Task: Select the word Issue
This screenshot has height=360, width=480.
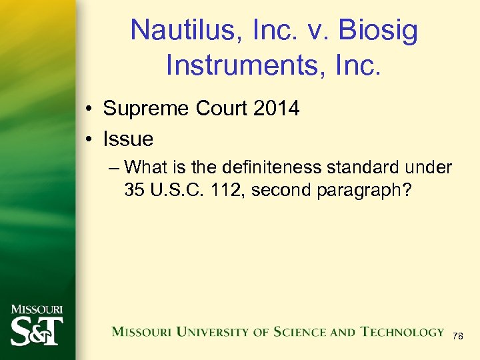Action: pyautogui.click(x=128, y=139)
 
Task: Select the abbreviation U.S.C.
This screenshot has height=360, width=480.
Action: pyautogui.click(x=173, y=190)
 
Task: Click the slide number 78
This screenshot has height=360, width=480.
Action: pyautogui.click(x=457, y=337)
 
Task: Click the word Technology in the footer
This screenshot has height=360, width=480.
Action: pyautogui.click(x=402, y=332)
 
